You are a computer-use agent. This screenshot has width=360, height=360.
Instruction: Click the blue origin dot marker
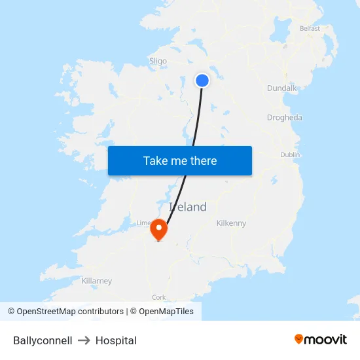tap(202, 81)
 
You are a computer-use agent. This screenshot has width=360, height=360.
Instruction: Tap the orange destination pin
tap(158, 229)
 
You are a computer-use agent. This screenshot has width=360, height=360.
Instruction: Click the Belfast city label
tap(310, 28)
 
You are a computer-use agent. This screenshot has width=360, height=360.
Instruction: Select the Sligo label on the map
tap(158, 61)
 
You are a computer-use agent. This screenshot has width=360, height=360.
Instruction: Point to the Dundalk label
tap(281, 88)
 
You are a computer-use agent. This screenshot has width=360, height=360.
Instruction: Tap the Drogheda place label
tap(284, 118)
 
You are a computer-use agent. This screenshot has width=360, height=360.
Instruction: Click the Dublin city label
tap(290, 154)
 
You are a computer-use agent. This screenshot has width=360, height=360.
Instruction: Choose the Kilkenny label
tap(231, 223)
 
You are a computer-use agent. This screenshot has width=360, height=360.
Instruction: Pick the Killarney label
tap(96, 281)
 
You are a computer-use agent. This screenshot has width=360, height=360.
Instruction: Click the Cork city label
tap(158, 297)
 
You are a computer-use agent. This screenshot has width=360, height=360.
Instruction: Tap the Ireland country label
tap(188, 207)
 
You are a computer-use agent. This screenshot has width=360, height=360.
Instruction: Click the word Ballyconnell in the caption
tap(43, 340)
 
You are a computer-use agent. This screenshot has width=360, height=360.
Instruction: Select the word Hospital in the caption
tap(116, 340)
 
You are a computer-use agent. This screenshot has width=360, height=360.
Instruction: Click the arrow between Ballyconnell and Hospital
tap(84, 340)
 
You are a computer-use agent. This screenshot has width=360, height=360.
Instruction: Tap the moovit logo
tap(321, 339)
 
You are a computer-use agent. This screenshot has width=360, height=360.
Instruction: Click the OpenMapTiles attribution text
tap(162, 312)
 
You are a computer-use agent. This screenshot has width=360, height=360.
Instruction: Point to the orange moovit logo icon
tap(299, 339)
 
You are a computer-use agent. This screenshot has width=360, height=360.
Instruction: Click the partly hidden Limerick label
tap(143, 223)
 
